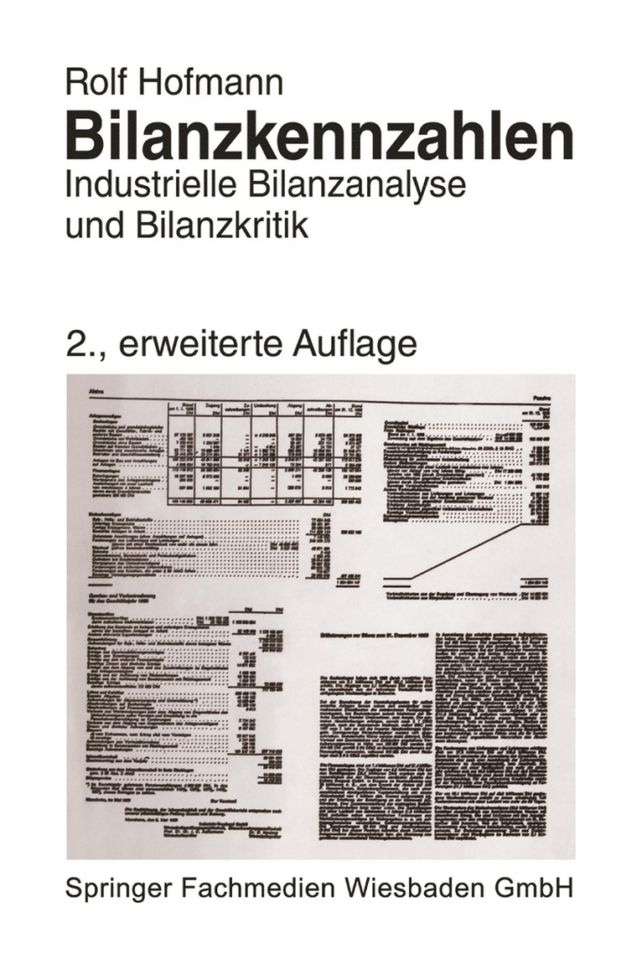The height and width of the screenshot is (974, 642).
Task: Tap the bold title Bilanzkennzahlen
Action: point(318,136)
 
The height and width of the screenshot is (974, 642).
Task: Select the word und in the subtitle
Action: point(91,225)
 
